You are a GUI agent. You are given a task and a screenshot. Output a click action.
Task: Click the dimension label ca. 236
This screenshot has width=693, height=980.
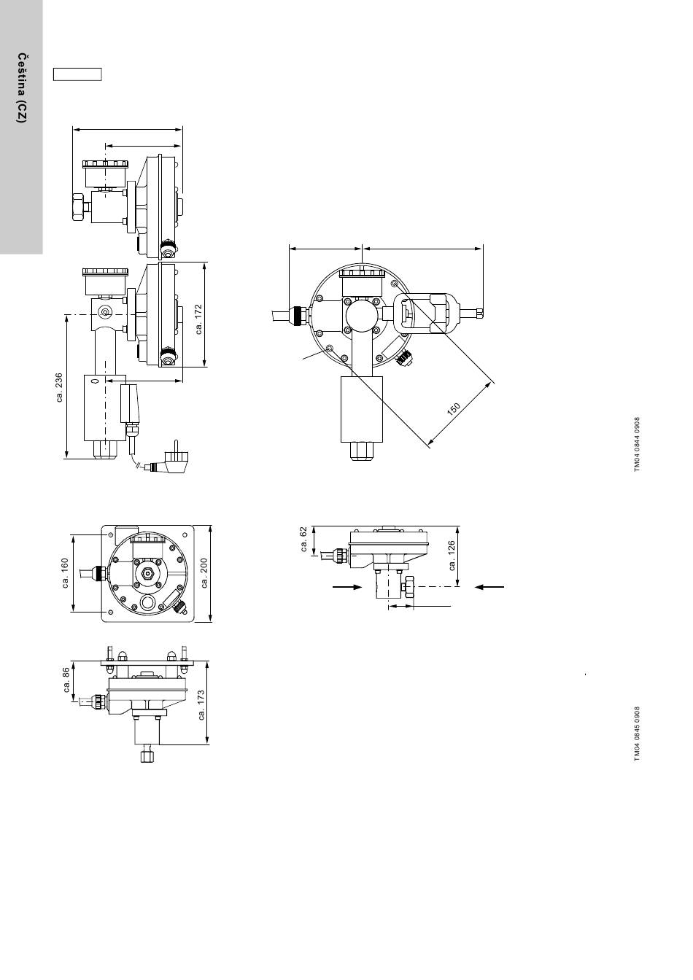coord(59,387)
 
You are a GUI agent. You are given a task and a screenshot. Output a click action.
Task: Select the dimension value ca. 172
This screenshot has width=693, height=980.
coord(200,319)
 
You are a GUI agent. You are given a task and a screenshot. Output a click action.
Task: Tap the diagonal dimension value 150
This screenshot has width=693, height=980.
coord(454,408)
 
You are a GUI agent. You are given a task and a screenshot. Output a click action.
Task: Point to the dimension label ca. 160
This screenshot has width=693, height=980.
coord(66,573)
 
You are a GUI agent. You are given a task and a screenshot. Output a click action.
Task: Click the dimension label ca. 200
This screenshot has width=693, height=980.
coord(204,573)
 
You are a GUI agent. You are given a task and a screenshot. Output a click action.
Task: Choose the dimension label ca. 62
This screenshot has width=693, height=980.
coord(304,540)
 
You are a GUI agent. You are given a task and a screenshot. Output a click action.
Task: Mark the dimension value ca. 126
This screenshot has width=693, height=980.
coord(452,556)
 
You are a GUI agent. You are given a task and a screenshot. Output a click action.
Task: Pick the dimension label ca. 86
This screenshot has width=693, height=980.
coord(66,680)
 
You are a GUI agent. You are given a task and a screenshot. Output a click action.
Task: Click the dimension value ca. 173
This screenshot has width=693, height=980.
coord(201,705)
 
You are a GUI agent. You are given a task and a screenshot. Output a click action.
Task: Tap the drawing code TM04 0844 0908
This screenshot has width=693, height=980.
coord(637,444)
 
